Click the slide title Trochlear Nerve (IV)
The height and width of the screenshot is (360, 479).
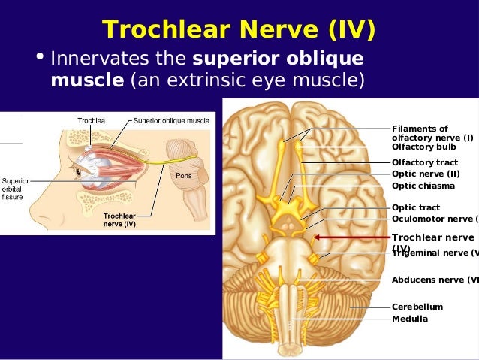239,29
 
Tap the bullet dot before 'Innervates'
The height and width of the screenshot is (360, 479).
40,59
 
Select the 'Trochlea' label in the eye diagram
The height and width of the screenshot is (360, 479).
91,120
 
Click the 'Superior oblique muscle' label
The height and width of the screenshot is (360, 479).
171,120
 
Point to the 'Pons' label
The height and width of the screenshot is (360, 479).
184,175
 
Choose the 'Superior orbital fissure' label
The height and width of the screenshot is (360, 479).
15,189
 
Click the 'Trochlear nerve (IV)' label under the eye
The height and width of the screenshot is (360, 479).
119,219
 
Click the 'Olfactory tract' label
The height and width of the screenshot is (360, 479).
424,162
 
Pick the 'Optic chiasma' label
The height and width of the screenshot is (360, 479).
425,186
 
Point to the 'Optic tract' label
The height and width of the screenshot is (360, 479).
416,207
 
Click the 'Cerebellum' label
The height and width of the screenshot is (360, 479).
417,307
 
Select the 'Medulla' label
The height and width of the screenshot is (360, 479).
410,319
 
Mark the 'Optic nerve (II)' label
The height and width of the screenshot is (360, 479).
426,174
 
